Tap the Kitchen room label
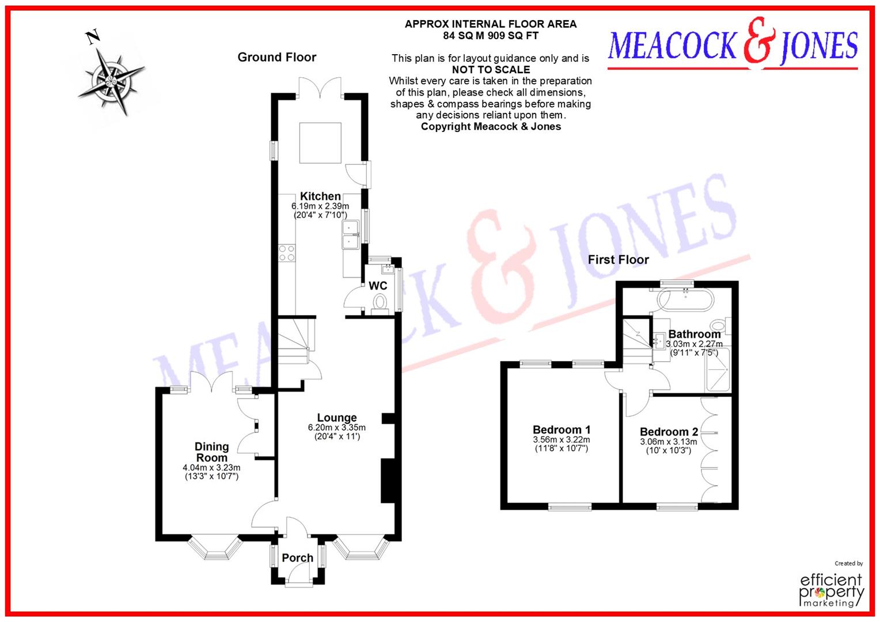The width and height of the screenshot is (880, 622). pos(320,196)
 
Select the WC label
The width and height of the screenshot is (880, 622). pos(378,286)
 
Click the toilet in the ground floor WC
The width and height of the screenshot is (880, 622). pos(380,301)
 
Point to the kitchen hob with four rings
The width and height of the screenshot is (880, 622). pos(287,253)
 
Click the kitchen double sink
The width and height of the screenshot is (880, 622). pos(351,235)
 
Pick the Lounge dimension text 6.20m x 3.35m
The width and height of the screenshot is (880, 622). pos(337,427)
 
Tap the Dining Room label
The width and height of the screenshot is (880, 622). pos(211,452)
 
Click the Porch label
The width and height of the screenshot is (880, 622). pos(297,557)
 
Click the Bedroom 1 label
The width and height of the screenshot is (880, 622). pos(562,430)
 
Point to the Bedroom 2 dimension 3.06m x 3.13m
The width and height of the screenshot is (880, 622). pos(669,442)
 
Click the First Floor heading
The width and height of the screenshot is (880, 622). pos(618,260)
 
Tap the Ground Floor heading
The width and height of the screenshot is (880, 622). pos(277,57)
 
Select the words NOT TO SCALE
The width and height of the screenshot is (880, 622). pos(491,69)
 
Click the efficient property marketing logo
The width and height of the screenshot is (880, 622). pos(832,587)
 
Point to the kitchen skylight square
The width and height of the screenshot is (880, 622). pos(321,142)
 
